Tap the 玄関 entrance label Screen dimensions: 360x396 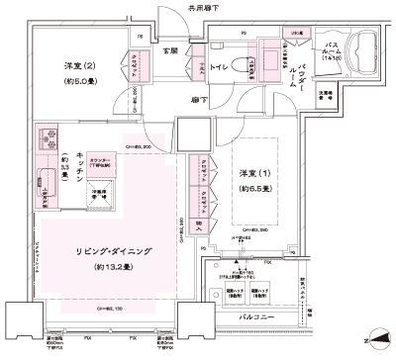(171, 49)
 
